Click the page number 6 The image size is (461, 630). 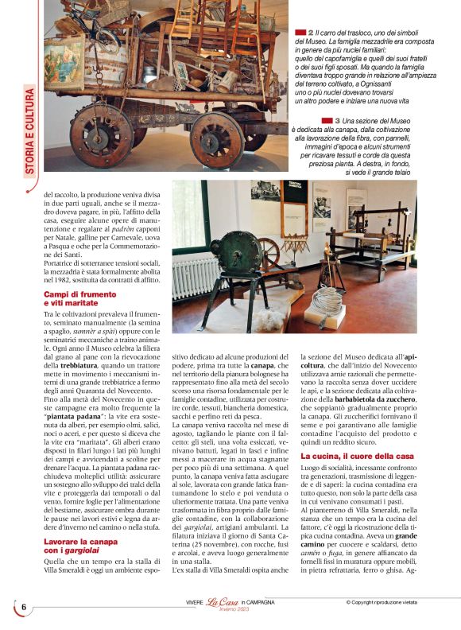[x=24, y=607]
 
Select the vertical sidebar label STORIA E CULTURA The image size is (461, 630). [x=29, y=131]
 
